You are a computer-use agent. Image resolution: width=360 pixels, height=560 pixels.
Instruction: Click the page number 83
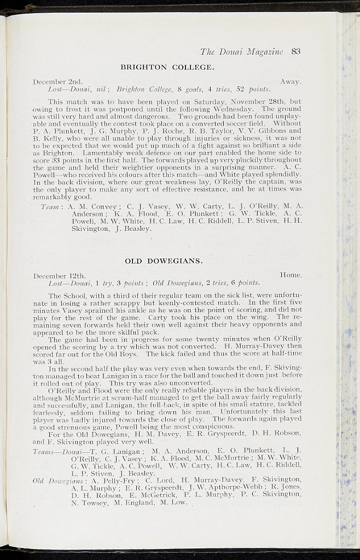click(297, 52)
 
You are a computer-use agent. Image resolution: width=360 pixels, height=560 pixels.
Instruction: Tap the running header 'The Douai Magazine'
click(241, 52)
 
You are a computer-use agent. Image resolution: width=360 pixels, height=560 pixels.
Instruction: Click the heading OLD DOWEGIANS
click(164, 260)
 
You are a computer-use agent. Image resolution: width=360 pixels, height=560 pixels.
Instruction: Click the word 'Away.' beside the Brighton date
click(291, 81)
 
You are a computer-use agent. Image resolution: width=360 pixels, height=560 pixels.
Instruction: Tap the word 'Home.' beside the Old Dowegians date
click(291, 275)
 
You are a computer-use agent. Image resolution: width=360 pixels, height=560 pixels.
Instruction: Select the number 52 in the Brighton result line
click(240, 89)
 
